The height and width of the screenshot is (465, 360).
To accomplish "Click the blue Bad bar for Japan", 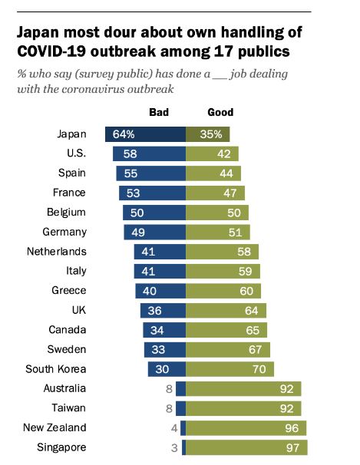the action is click(x=145, y=134).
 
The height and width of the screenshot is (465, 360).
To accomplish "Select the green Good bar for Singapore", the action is click(x=246, y=447).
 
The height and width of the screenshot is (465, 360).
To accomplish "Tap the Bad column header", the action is click(x=159, y=112).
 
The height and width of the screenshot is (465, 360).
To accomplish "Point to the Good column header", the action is click(x=220, y=112).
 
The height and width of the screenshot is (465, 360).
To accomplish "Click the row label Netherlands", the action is click(x=57, y=252).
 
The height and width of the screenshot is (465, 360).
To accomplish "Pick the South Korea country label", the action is click(x=56, y=369).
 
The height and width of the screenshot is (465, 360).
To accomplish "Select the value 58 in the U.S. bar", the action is click(x=130, y=153).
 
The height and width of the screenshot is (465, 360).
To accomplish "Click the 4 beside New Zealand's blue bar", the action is click(x=174, y=428).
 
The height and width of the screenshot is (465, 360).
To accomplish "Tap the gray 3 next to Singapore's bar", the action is click(x=174, y=447).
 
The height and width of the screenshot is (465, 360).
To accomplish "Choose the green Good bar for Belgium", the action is click(x=217, y=213).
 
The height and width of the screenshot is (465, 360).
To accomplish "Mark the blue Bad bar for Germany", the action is click(x=155, y=232).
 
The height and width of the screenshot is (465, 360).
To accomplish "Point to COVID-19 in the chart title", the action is click(x=51, y=51).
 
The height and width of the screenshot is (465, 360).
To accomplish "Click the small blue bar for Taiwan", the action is click(x=181, y=408).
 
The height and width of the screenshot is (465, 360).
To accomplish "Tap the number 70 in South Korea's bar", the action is click(x=259, y=369).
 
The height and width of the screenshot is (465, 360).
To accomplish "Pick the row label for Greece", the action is click(x=69, y=290).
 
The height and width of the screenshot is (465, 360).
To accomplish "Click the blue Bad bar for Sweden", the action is click(x=165, y=350).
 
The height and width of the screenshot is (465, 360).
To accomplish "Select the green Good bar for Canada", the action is click(x=226, y=330).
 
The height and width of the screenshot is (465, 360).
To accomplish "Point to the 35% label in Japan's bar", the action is click(x=211, y=134).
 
